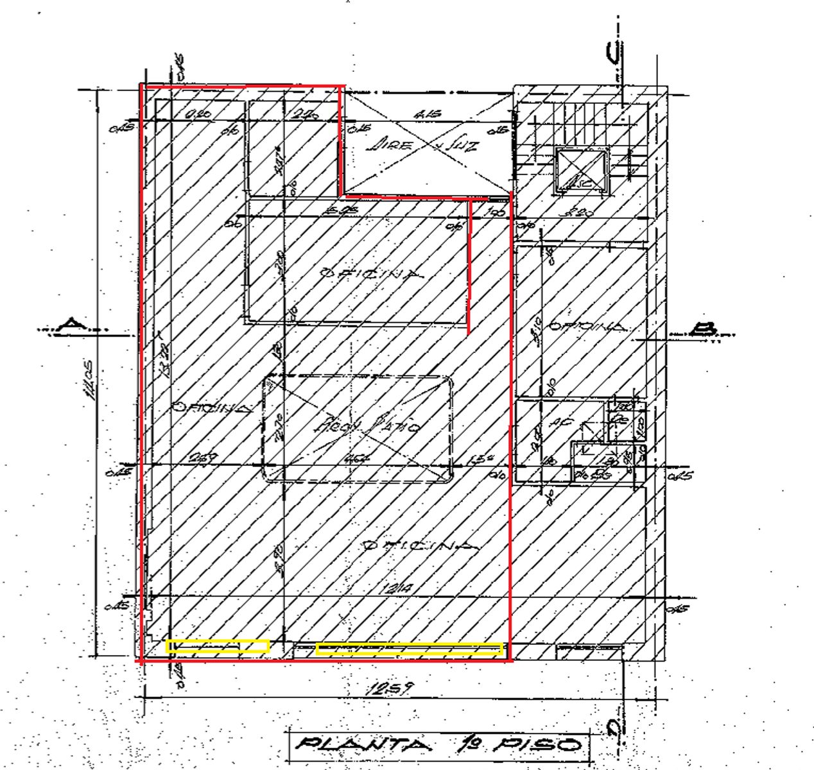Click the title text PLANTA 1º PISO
pos(438,745)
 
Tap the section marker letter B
pos(704,329)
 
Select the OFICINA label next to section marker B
pos(585,326)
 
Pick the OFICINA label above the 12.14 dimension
pos(421,546)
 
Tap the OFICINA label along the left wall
pos(211,407)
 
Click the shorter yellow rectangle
pos(218,646)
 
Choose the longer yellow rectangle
pos(409,649)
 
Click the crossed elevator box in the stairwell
pos(582,171)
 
